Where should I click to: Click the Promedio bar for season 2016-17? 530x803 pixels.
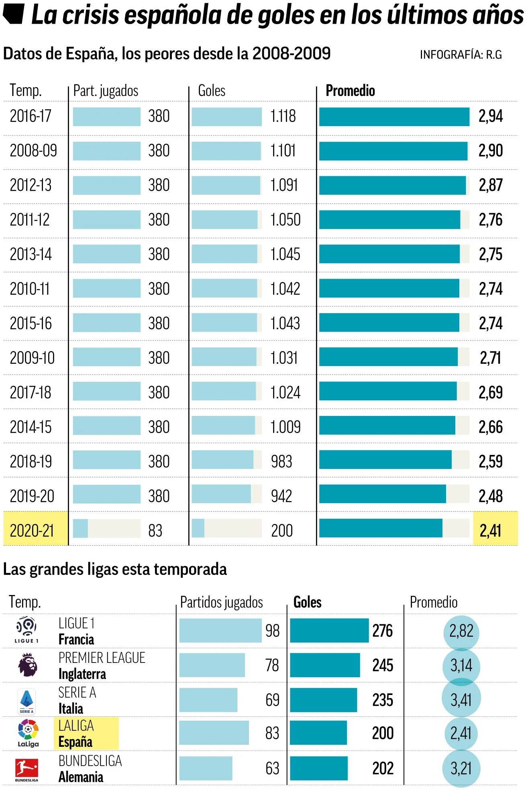click(x=394, y=117)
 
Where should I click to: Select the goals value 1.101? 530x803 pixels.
click(x=283, y=151)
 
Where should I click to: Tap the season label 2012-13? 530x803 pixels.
click(x=31, y=185)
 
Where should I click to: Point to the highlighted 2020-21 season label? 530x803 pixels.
click(x=32, y=531)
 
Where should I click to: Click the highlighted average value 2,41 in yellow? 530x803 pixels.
click(x=491, y=531)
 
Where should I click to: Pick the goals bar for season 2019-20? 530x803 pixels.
click(x=221, y=494)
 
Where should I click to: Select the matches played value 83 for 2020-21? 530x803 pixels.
click(x=155, y=531)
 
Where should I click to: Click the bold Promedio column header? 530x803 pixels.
click(x=350, y=91)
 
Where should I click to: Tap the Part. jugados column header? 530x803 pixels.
click(x=106, y=91)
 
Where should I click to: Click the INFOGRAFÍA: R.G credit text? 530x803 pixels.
click(x=461, y=55)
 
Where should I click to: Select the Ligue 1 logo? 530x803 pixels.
click(x=27, y=630)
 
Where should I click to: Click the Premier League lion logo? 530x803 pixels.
click(x=27, y=664)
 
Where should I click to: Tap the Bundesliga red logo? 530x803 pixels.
click(x=27, y=768)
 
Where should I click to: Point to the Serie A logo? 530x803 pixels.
click(x=27, y=701)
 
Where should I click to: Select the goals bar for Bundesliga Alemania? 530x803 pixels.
click(x=319, y=768)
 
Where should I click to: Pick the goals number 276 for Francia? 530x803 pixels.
click(x=383, y=631)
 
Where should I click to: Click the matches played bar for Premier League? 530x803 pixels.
click(x=212, y=665)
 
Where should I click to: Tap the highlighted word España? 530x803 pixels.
click(x=75, y=742)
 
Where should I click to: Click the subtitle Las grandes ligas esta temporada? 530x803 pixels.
click(x=115, y=569)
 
